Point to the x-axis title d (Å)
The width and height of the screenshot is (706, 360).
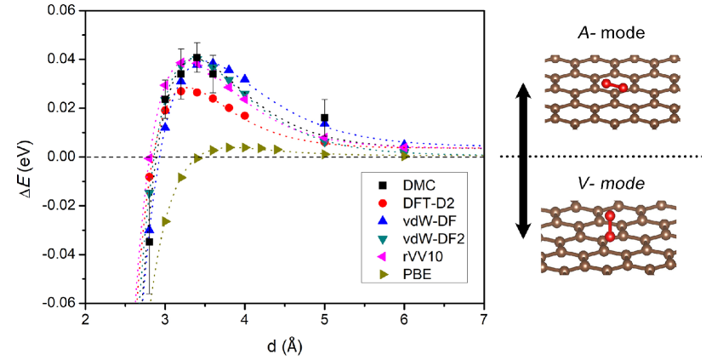tap(282, 346)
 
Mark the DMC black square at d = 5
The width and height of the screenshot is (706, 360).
tap(324, 118)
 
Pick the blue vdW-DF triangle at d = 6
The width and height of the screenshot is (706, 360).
tap(404, 145)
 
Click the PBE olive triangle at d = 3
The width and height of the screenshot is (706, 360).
tap(166, 221)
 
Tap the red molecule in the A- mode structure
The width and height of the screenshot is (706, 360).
tap(614, 86)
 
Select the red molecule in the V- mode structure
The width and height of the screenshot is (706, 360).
tap(609, 226)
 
